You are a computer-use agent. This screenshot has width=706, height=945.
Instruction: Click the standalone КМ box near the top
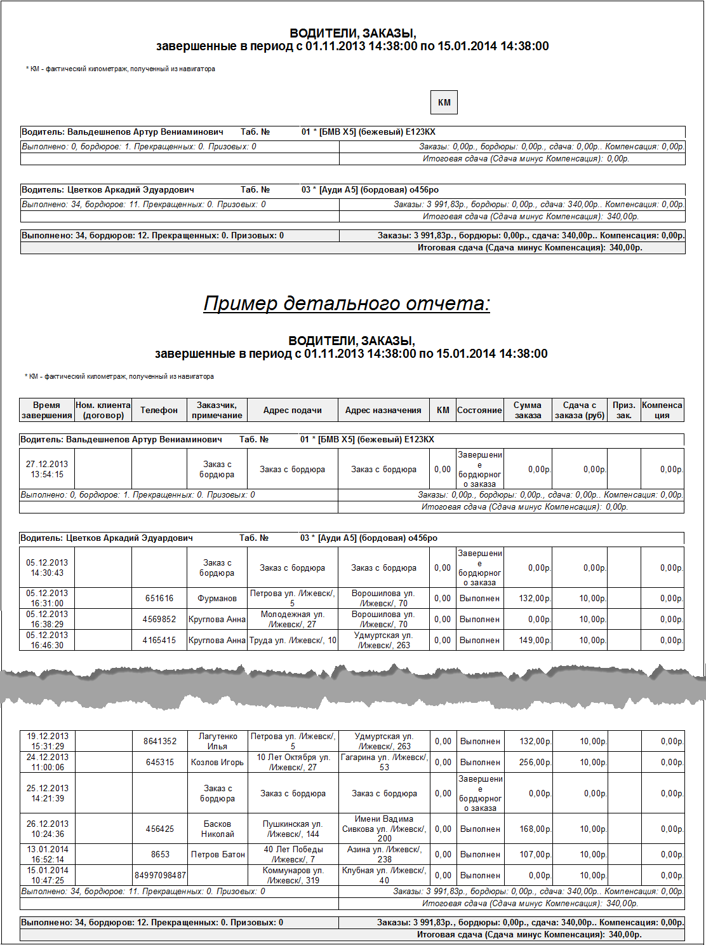(444, 102)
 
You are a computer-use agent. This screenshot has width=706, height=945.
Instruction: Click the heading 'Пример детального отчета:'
(347, 304)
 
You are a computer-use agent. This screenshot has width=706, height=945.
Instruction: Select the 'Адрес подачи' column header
(292, 411)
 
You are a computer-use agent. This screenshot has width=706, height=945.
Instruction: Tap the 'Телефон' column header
(159, 411)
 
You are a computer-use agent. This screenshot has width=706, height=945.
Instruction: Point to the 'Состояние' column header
(479, 411)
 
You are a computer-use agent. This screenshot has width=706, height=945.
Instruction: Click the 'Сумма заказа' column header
(528, 411)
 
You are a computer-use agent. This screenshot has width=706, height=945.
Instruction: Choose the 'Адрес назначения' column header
(383, 411)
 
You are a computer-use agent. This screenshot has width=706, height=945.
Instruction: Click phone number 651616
(159, 599)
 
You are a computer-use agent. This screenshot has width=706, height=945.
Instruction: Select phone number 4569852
(159, 620)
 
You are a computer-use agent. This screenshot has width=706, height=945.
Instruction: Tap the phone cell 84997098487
(160, 876)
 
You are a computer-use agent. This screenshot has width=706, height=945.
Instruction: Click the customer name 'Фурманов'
(217, 599)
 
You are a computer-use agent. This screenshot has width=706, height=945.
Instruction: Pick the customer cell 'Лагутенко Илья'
(218, 742)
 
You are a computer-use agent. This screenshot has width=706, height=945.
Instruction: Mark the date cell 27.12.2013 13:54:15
(47, 470)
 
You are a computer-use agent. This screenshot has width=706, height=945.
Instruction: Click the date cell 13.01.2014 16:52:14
(48, 855)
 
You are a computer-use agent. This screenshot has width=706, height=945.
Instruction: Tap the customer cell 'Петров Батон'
(218, 855)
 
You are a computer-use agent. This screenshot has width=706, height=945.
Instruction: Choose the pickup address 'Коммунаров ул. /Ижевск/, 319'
(293, 876)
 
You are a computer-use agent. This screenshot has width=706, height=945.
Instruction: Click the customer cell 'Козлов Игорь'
(217, 763)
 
